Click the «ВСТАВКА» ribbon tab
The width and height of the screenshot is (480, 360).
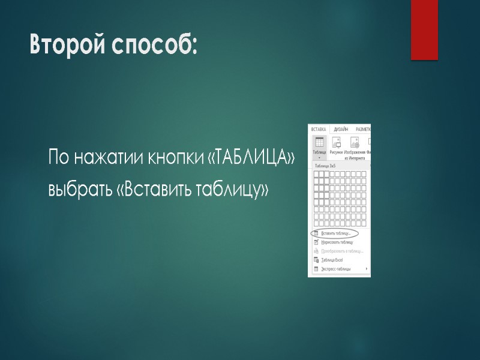(318, 129)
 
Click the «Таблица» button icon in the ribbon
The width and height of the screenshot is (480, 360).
(319, 142)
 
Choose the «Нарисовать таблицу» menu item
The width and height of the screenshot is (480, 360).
(337, 242)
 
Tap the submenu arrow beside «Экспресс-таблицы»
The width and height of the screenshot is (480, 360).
(367, 269)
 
